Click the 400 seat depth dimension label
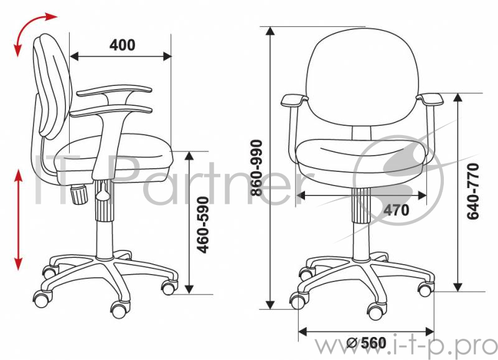coord(122,45)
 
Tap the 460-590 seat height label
coord(203,225)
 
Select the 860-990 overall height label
coord(256,168)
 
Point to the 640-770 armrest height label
coord(472,191)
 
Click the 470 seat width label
coord(397,210)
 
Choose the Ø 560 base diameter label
coord(367,343)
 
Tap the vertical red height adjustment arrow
coord(19,220)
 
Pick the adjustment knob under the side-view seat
coord(79,194)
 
